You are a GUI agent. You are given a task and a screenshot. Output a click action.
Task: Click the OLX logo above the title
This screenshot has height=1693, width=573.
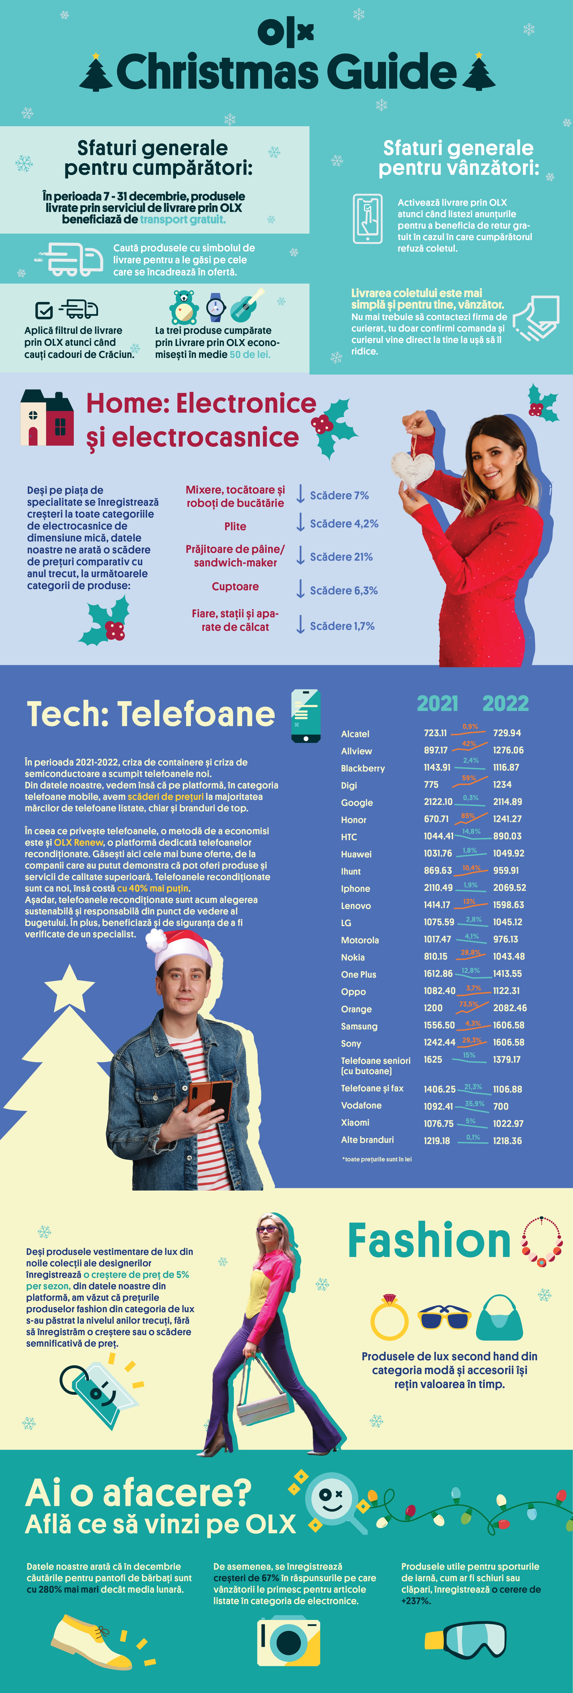[286, 32]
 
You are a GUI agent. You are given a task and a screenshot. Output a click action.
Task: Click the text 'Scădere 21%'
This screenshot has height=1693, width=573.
[341, 557]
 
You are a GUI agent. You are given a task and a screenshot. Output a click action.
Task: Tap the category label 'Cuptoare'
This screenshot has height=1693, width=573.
[235, 586]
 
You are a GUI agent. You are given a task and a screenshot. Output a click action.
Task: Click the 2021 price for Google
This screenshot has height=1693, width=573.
[438, 802]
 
